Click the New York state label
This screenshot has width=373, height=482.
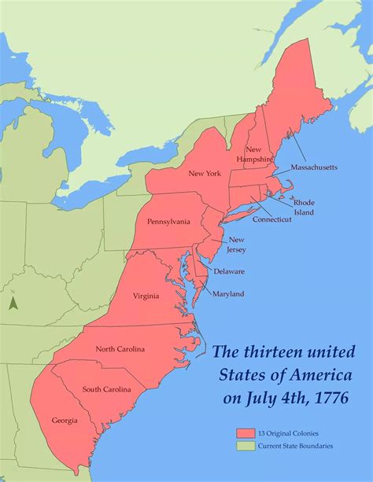tap(204, 173)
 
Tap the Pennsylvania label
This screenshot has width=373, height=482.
tap(168, 222)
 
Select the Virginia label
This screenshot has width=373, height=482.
tap(146, 296)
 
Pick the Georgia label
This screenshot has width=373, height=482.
tap(65, 421)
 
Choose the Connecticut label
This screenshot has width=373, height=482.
tap(272, 219)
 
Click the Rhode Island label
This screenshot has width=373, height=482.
tap(304, 208)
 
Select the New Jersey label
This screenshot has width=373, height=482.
tap(237, 245)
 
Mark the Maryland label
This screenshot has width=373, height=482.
tap(228, 294)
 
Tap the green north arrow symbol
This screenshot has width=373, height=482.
tap(13, 300)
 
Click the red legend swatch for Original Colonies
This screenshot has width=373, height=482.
tap(243, 432)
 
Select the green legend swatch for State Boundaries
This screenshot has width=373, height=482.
tap(243, 446)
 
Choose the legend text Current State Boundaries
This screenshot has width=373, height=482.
tap(294, 446)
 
